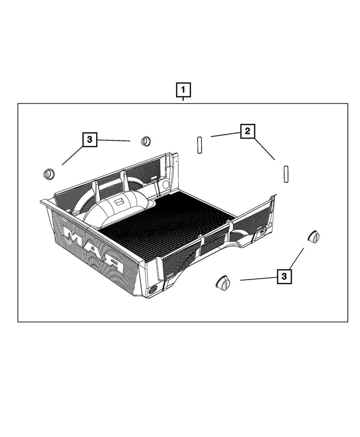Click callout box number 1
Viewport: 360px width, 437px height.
tap(183, 90)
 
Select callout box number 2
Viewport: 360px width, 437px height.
tap(248, 131)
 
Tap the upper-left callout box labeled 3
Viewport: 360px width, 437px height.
tap(90, 140)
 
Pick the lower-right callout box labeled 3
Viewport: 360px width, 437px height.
tap(284, 277)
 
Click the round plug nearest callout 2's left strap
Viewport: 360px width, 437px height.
tap(146, 141)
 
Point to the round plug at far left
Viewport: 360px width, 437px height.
tap(49, 174)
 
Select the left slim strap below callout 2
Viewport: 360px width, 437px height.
tap(200, 145)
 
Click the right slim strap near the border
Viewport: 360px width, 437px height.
tap(286, 174)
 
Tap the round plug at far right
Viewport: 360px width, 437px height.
tap(313, 236)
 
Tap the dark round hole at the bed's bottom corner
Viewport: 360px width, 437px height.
tap(153, 290)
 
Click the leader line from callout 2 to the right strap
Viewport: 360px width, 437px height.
tap(264, 149)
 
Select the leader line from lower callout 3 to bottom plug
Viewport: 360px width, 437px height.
tap(259, 279)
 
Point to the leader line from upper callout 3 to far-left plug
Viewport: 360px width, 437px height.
tap(73, 156)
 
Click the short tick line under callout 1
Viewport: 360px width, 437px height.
tap(183, 99)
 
